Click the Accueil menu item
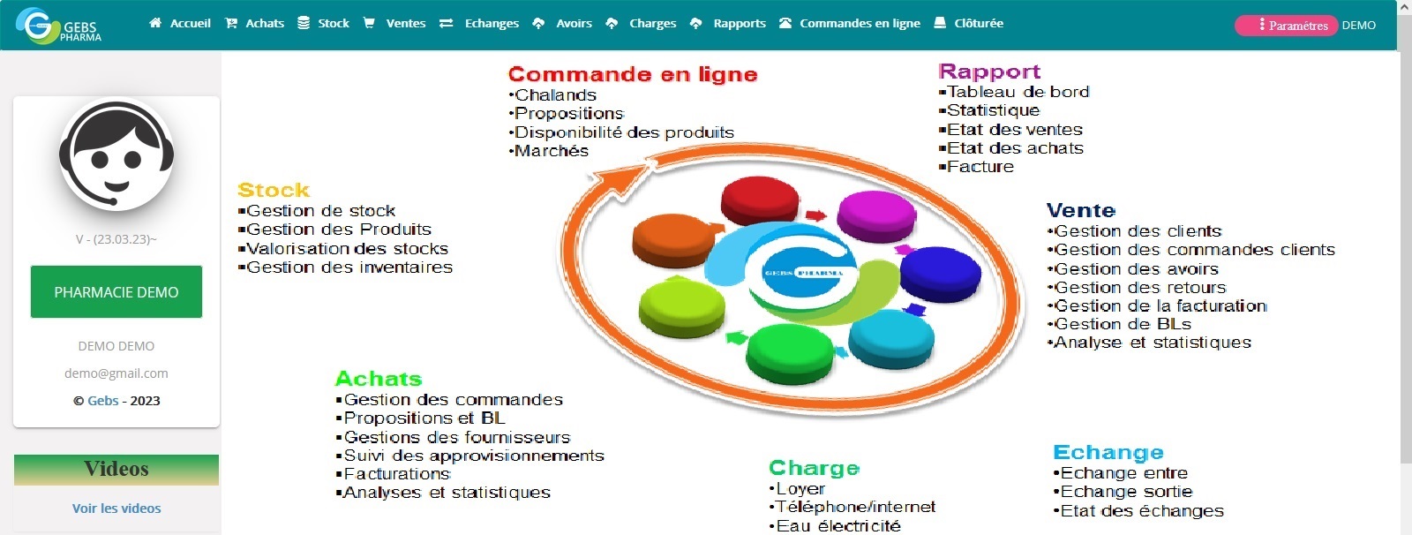pyautogui.click(x=181, y=24)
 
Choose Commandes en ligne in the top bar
pyautogui.click(x=850, y=24)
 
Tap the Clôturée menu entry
pyautogui.click(x=969, y=24)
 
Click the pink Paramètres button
pyautogui.click(x=1286, y=26)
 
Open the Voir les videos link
pyautogui.click(x=116, y=509)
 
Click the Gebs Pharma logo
pyautogui.click(x=59, y=26)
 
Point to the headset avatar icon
pyautogui.click(x=116, y=155)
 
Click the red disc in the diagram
pyautogui.click(x=760, y=199)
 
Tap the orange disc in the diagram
pyautogui.click(x=674, y=239)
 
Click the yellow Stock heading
pyautogui.click(x=274, y=191)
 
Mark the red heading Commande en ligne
pyautogui.click(x=633, y=75)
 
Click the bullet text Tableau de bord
pyautogui.click(x=1018, y=92)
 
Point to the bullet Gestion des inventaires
pyautogui.click(x=349, y=267)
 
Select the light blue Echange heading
pyautogui.click(x=1108, y=453)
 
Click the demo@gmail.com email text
pyautogui.click(x=116, y=373)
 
